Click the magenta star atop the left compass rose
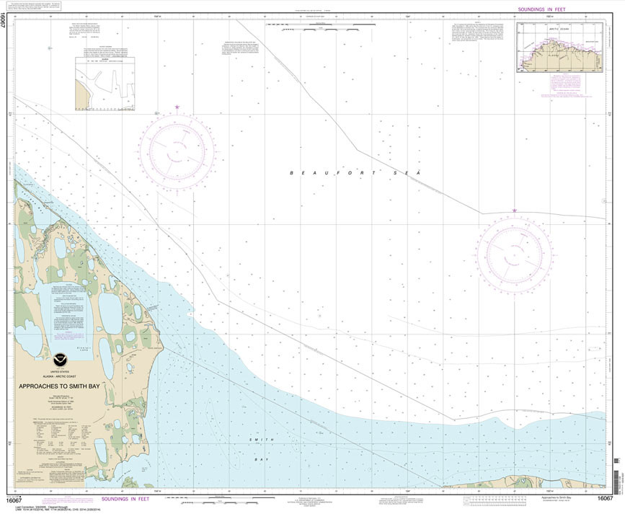click(177, 108)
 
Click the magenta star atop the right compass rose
click(514, 211)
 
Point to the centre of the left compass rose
click(177, 151)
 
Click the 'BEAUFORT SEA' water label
click(354, 173)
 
